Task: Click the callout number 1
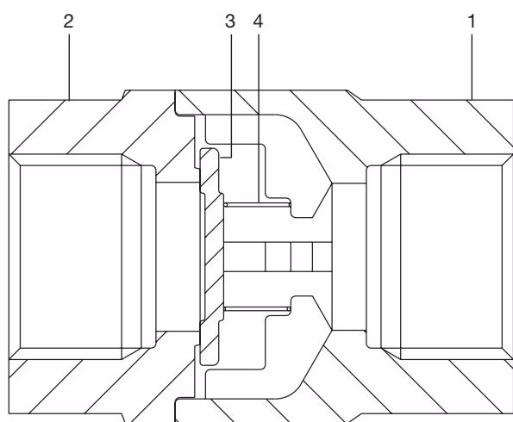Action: [472, 22]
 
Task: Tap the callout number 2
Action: [68, 22]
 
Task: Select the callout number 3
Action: [230, 22]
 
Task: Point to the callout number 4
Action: [258, 22]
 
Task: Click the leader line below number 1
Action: [472, 67]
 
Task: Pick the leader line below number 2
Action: [69, 67]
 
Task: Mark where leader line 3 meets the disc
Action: [220, 158]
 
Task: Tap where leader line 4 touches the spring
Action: [259, 202]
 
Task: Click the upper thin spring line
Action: [258, 205]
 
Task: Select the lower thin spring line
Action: [257, 308]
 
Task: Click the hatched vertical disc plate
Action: [211, 257]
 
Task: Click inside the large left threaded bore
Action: [71, 257]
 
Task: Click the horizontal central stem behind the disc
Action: [278, 257]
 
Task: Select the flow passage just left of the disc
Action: [178, 257]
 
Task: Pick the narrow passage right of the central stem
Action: [349, 257]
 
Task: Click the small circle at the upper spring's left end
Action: [226, 205]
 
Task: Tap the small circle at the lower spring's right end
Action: [288, 308]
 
